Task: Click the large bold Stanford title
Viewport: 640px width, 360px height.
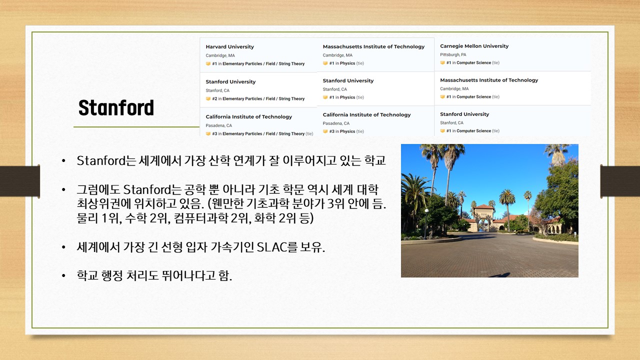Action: (x=116, y=107)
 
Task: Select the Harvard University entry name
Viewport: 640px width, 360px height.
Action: (x=229, y=46)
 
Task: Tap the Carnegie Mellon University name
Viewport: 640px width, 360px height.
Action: (x=474, y=46)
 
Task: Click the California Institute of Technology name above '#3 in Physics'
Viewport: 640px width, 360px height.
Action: (x=366, y=114)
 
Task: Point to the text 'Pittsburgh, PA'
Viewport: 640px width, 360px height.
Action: (x=453, y=54)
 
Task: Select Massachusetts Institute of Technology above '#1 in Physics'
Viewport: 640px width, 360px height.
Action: (x=373, y=46)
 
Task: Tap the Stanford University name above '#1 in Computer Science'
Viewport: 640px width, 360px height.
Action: (x=464, y=114)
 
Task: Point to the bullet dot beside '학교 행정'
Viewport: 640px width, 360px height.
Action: (x=63, y=275)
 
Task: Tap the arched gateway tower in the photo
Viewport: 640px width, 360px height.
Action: (x=483, y=217)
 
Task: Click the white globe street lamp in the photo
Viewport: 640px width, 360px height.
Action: (x=426, y=211)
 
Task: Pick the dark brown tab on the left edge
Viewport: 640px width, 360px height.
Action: (x=19, y=181)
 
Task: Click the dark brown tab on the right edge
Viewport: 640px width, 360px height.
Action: (x=620, y=181)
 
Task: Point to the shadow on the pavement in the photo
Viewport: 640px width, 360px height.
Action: (x=500, y=275)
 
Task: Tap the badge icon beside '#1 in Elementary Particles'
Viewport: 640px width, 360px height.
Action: (x=208, y=63)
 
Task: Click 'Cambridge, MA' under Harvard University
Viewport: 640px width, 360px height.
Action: (x=220, y=55)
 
